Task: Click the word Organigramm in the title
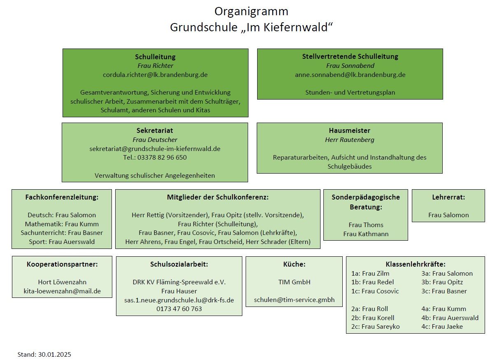point(251,12)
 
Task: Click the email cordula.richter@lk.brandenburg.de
point(155,75)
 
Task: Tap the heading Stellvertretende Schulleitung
point(350,56)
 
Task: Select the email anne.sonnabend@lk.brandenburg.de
point(350,75)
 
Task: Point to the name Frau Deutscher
point(155,140)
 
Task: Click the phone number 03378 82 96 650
point(162,158)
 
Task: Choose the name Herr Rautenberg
point(349,140)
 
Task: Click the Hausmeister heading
point(349,130)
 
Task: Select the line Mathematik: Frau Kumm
point(62,224)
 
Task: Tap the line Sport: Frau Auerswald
point(62,242)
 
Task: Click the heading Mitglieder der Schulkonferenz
point(218,197)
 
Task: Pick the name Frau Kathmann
point(366,234)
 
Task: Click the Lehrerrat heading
point(448,197)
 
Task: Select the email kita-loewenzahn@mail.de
point(62,291)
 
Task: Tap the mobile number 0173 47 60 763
point(179,309)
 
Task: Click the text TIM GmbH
point(294,282)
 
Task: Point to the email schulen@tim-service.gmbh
point(294,300)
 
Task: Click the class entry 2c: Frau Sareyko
point(375,327)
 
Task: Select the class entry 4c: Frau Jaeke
point(442,327)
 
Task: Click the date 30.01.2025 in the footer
point(55,355)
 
